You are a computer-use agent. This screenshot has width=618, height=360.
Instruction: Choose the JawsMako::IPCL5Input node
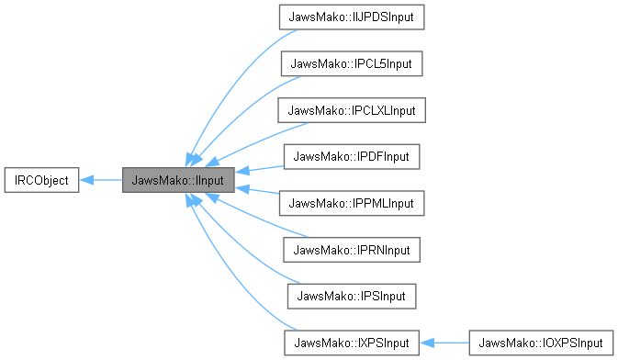(353, 63)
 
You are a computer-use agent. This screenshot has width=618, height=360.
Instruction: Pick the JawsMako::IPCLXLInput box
(353, 110)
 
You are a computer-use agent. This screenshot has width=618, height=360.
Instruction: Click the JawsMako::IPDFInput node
(353, 156)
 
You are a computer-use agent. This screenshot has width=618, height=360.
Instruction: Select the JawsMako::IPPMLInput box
(353, 203)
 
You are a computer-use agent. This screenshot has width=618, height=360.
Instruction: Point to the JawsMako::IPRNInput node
(353, 250)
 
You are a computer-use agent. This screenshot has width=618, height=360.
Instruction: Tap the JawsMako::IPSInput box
(353, 296)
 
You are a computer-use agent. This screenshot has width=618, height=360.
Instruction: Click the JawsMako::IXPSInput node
(353, 343)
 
